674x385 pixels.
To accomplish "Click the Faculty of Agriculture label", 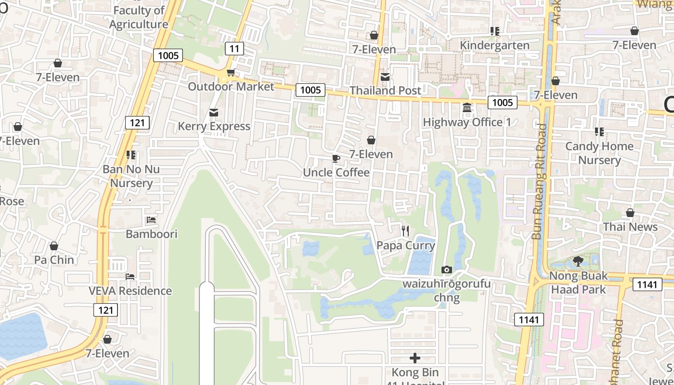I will coord(138,17).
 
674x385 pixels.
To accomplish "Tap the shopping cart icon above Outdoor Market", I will coord(231,73).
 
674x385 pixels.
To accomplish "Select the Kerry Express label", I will coord(214,126).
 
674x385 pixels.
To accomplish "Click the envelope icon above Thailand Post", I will coord(385,77).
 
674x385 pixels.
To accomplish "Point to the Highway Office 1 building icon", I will coord(467,108).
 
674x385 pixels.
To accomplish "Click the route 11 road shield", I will coord(234,48).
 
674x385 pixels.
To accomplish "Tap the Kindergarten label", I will coord(494,45).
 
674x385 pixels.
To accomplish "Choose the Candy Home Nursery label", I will coord(599,153).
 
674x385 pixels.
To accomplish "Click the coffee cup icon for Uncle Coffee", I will coord(336,159).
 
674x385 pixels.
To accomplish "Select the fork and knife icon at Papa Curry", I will coord(405,231).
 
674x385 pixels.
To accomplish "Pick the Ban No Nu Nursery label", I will coord(131,176).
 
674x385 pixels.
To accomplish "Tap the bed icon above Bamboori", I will coord(151,220).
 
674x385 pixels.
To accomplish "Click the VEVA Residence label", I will coord(130,291).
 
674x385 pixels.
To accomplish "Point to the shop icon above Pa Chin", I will coord(54,246).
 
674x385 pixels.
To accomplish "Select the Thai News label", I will coord(630,227).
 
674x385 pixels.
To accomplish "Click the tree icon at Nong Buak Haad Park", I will coord(578,262).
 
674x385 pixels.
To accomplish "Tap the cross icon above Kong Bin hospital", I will coord(415,358).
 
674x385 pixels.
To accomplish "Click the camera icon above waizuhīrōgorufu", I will coord(446,270).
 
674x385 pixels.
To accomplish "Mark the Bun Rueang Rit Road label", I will coord(540,182).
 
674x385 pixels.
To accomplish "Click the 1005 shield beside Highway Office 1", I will coord(503,102).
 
